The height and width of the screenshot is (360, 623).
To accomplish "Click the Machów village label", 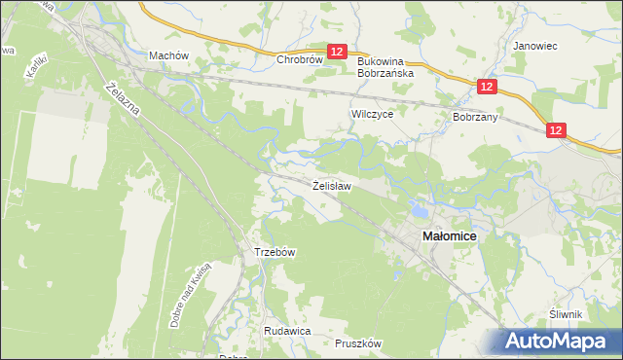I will (x=167, y=55).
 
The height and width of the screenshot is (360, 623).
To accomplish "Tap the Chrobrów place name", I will (x=299, y=59).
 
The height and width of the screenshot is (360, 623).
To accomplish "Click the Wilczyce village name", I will (x=371, y=114).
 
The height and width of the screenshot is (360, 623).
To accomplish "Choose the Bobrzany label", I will (x=475, y=117).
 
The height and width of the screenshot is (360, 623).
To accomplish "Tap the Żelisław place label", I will (x=332, y=184).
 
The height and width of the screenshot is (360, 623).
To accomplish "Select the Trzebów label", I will (x=275, y=252).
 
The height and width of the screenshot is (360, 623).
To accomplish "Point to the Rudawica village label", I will (x=286, y=331).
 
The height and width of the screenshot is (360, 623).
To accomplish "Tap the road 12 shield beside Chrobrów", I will (x=337, y=53).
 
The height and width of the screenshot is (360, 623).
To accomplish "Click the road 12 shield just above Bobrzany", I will (x=488, y=88).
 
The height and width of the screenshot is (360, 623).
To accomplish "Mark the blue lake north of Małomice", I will (x=419, y=208).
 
